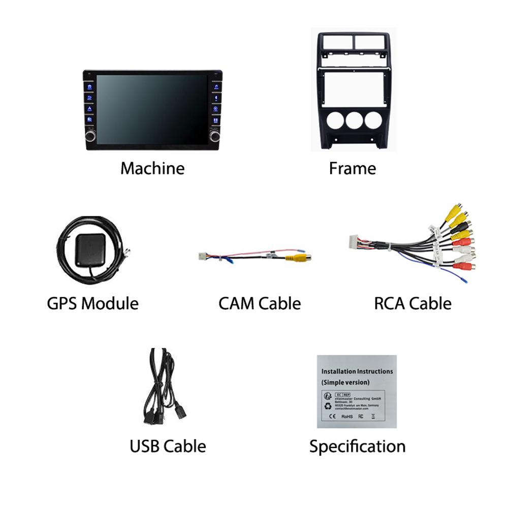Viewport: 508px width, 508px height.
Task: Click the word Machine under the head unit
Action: tap(152, 168)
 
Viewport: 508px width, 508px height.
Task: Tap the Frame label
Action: tap(353, 168)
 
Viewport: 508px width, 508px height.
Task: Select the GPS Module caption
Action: tap(92, 303)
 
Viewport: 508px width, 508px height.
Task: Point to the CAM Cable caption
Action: tap(260, 303)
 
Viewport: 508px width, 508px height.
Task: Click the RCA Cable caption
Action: tap(412, 303)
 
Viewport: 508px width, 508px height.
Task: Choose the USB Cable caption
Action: tap(168, 447)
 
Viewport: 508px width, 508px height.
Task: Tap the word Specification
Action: tap(357, 447)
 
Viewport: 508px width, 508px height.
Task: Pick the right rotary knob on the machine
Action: tap(214, 136)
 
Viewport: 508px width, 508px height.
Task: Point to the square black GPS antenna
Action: tap(90, 250)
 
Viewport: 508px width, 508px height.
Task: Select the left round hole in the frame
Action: tap(335, 120)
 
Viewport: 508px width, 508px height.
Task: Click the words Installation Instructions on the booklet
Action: tap(357, 371)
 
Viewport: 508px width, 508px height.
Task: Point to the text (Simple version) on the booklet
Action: tap(345, 382)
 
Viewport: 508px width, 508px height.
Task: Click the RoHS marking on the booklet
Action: tap(347, 417)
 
